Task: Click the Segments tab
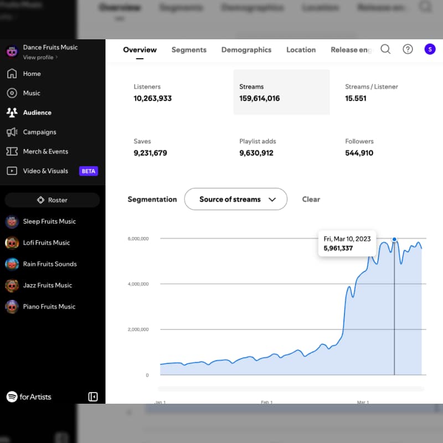click(189, 50)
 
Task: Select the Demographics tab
click(246, 50)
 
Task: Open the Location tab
click(301, 50)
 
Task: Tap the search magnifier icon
click(385, 49)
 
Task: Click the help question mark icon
click(408, 49)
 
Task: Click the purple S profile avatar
click(430, 49)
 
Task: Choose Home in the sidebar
click(32, 74)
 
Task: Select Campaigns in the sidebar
click(39, 132)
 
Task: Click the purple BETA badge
click(89, 171)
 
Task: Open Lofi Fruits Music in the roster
click(47, 243)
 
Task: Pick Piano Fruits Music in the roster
click(49, 306)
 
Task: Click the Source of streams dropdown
click(235, 199)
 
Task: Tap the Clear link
click(311, 199)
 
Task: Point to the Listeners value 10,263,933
click(153, 99)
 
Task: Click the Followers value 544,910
click(359, 153)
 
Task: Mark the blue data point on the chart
click(394, 239)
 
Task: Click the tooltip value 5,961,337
click(338, 248)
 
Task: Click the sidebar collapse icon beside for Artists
click(93, 396)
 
